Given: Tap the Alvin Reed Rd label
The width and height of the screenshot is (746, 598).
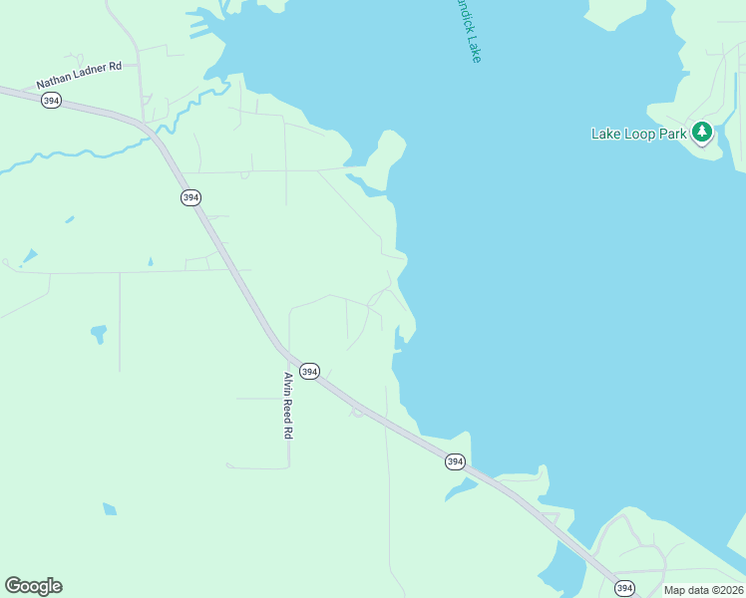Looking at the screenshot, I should (x=287, y=406).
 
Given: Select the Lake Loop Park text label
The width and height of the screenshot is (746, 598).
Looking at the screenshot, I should (x=638, y=134).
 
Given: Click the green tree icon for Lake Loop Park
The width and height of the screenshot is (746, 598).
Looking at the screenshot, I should (x=702, y=132).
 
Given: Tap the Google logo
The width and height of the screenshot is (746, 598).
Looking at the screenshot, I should (x=34, y=586).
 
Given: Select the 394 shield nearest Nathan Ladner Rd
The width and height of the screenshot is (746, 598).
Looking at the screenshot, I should (x=51, y=101).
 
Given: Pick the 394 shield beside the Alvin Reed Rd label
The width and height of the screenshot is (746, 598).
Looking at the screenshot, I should (x=309, y=372).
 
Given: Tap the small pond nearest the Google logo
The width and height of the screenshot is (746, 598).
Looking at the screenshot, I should (x=109, y=509).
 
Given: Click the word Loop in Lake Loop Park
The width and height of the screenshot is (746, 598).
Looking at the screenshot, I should (x=643, y=134).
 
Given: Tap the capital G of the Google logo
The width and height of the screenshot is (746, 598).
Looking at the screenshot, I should (x=13, y=586).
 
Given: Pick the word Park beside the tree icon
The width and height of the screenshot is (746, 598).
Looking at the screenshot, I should (x=672, y=134).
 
